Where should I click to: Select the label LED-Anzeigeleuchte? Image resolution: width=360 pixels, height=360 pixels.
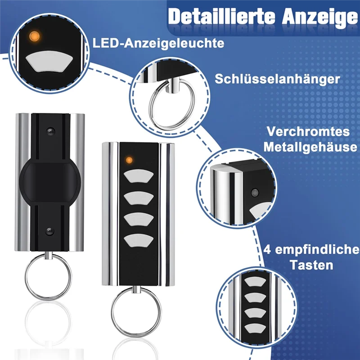[x=158, y=44]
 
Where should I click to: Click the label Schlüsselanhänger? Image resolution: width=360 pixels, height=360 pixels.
[x=277, y=79]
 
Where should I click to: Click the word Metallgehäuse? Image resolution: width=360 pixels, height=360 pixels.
[x=311, y=147]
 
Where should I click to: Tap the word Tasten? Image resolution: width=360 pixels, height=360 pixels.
[x=311, y=265]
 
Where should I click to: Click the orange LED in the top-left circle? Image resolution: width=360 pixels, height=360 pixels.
[x=33, y=36]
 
